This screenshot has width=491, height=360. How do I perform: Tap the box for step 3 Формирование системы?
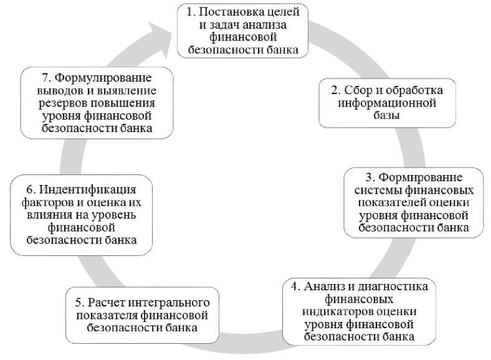click(414, 202)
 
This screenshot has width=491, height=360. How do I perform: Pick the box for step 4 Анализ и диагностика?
click(358, 311)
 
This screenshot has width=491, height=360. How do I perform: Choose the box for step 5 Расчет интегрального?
click(143, 315)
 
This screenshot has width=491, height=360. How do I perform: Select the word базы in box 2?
click(386, 115)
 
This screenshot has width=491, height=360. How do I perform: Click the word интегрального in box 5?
click(163, 302)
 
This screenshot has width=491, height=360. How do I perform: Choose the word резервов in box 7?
click(54, 103)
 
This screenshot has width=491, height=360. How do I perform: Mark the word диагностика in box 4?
click(392, 287)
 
